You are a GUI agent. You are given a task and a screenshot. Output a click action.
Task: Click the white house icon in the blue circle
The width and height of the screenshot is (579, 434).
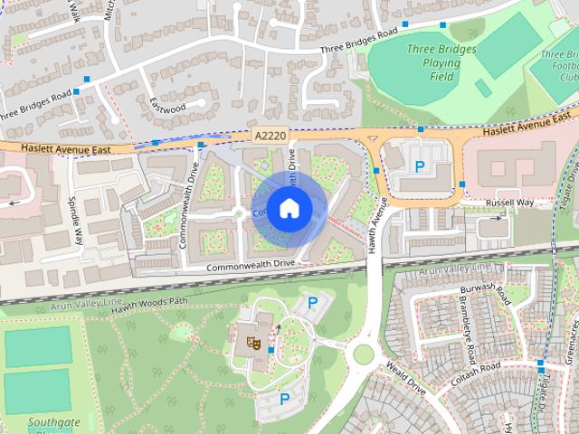coord(288,208)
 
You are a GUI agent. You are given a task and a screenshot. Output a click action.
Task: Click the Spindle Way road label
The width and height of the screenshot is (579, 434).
coord(77,221)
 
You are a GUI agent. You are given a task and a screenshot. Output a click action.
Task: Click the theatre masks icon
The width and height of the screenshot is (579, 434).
coord(254,343)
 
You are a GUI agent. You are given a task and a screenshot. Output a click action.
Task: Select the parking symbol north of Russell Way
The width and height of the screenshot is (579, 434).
coord(419,166)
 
